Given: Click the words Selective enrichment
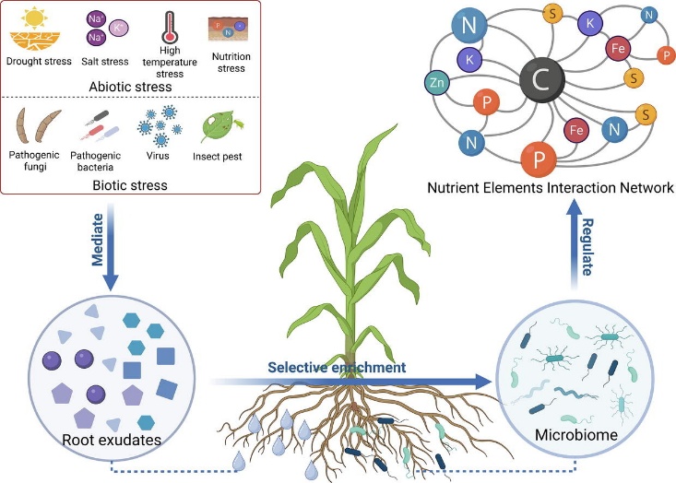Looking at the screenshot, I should click(x=338, y=368).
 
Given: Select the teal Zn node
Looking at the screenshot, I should click(x=439, y=83).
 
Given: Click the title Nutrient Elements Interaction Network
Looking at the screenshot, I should click(x=551, y=188).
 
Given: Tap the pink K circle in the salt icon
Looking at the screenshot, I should click(x=119, y=29).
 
